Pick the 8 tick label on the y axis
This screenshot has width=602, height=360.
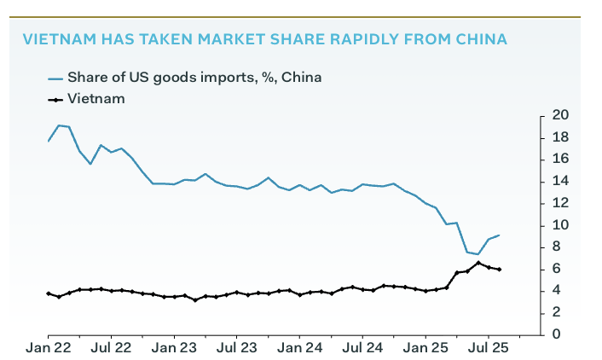pos(557,247)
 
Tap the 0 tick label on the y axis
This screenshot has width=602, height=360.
pos(557,334)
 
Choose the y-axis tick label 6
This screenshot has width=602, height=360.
pos(557,269)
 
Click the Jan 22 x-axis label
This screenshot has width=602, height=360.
pos(49,348)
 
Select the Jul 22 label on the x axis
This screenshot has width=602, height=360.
pos(111,348)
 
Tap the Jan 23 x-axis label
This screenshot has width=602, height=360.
pos(174,348)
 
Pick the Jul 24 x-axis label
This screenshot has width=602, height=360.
pos(362,348)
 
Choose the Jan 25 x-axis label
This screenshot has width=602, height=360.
pos(425,348)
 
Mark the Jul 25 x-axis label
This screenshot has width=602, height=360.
pos(487,348)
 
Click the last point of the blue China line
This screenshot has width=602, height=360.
pos(499,235)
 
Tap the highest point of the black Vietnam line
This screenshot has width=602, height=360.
pos(478,263)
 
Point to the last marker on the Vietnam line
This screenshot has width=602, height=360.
pos(499,270)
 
